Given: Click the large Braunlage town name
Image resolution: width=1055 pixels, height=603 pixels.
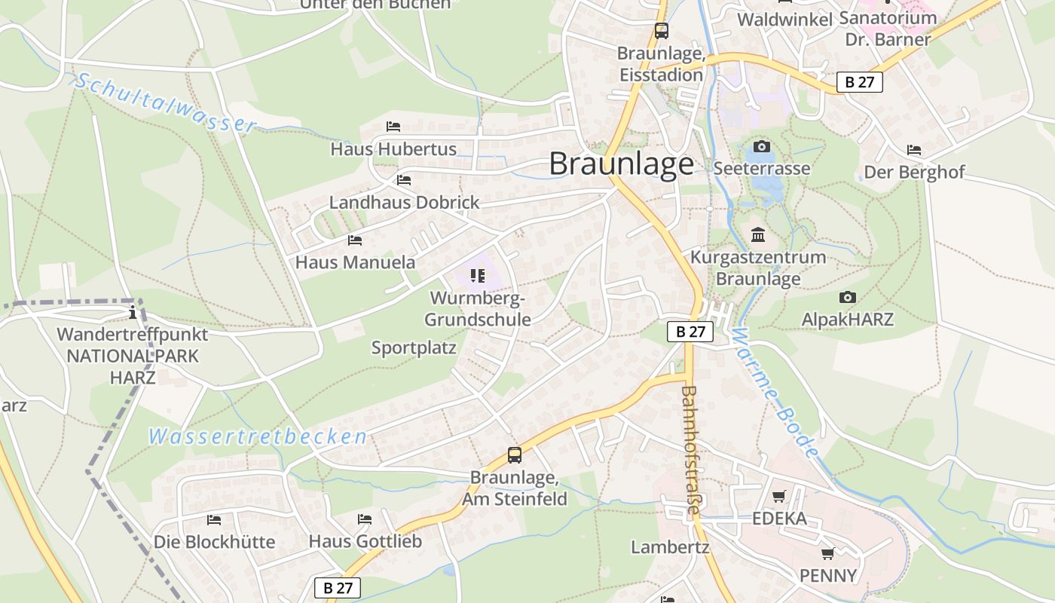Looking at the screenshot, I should point(621,164).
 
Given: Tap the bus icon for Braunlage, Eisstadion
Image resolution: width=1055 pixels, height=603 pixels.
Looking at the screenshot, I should point(661,31).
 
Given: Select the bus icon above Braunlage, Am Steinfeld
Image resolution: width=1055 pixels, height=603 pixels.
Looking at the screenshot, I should point(515,455).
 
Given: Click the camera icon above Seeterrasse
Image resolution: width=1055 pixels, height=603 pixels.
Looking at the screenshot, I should point(762,146).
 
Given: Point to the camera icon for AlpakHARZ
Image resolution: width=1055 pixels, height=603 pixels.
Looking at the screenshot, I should point(848,298).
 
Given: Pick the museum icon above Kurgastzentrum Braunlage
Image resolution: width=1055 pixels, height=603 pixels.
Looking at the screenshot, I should point(758,235).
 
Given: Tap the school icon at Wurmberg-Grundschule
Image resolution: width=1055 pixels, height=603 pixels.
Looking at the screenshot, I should point(477,277).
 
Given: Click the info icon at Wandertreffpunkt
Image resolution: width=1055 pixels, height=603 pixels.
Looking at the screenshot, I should point(133,312).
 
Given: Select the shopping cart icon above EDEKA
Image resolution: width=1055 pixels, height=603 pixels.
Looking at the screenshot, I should point(779,497).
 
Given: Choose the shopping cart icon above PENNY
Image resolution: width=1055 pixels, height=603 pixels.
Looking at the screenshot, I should point(828,554).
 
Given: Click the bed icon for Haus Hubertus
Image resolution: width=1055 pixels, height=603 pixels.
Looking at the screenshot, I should point(393,127).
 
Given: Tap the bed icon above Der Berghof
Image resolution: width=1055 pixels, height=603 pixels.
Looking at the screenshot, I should point(914,150).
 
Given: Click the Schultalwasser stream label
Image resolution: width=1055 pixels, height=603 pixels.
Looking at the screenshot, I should point(166,103).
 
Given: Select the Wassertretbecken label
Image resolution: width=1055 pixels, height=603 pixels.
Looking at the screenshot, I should point(258,436).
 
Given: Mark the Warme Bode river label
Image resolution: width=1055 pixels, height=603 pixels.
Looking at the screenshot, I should point(772,392).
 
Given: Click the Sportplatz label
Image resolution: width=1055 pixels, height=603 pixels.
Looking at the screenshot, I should point(414,348).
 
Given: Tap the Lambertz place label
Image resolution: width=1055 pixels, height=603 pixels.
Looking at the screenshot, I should point(670,547).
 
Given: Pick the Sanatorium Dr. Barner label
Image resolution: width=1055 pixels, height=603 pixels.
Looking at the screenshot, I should point(888,28).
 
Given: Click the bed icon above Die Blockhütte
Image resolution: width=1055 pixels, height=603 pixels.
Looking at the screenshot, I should point(214,520).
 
